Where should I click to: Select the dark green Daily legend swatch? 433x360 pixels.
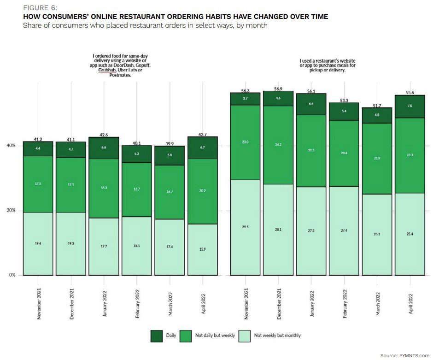click(x=157, y=336)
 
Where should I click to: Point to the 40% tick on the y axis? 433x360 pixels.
click(x=11, y=146)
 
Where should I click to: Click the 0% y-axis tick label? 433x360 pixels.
click(x=12, y=275)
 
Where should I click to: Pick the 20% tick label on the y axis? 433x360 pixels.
click(x=11, y=211)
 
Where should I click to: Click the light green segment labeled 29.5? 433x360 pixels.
click(x=246, y=227)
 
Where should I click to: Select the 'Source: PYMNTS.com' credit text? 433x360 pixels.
click(x=404, y=355)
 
